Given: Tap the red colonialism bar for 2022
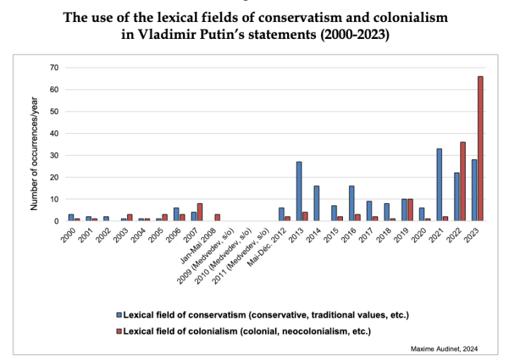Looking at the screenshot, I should [463, 181].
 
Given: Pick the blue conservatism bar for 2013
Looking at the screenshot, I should [299, 191].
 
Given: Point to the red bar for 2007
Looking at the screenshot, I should [200, 212].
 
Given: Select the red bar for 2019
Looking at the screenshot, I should [411, 210].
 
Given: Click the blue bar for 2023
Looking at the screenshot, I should [474, 190].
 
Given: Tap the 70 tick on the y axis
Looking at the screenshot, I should [54, 67].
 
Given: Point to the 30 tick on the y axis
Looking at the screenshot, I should [54, 155].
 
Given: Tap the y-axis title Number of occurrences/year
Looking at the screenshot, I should [33, 154].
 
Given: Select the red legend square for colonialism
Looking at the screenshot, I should [119, 330].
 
